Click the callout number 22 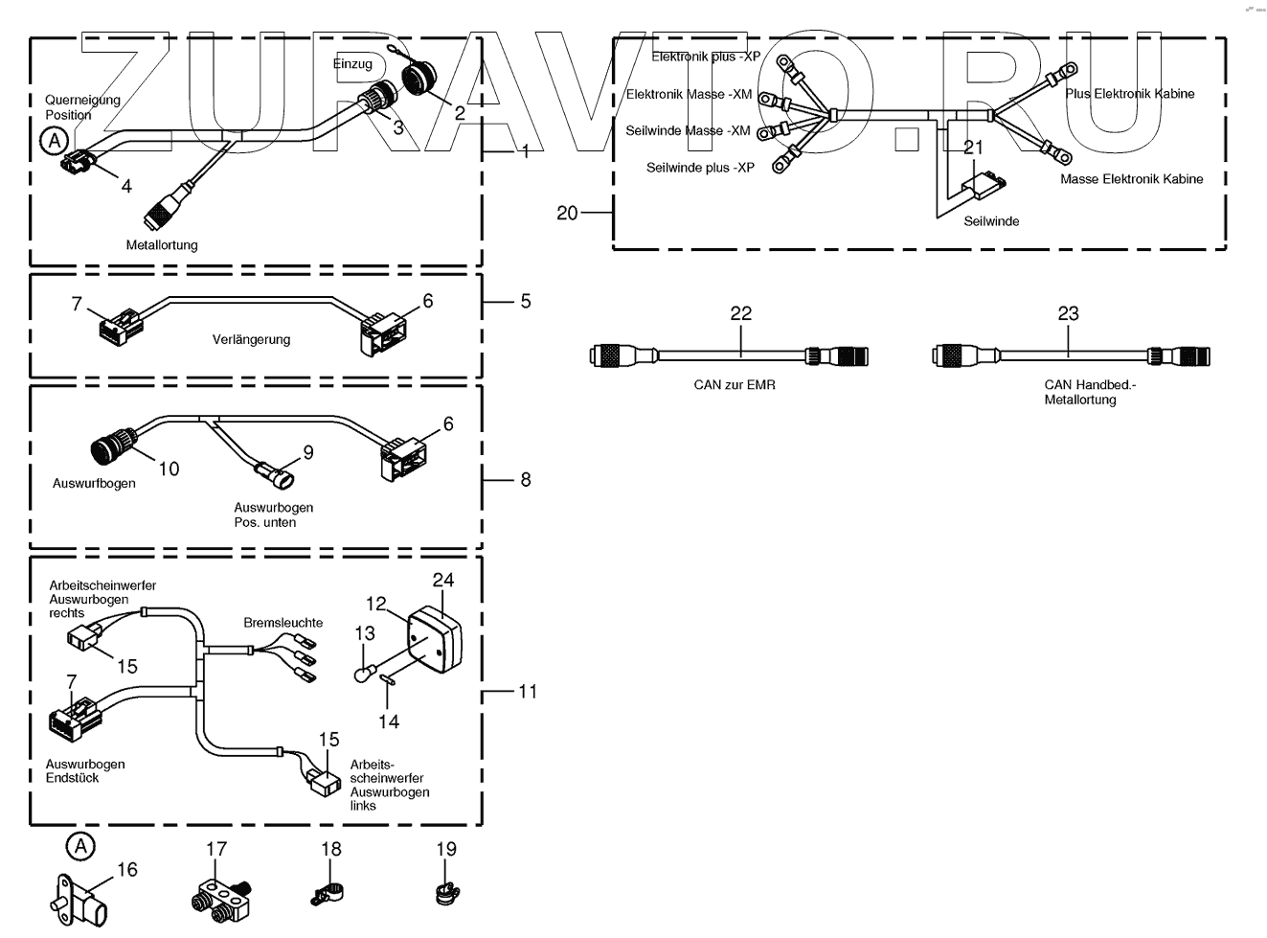point(740,313)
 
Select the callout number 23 point(1068,313)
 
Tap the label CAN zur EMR point(735,385)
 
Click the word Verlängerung point(251,339)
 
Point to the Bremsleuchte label point(283,623)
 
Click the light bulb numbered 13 point(362,675)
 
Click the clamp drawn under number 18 point(328,895)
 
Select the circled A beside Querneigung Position point(55,142)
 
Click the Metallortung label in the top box point(162,245)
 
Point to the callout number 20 point(567,212)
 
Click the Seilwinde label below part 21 point(991,221)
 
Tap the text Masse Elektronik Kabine point(1131,179)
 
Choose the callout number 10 point(169,469)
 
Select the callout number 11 point(528,691)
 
